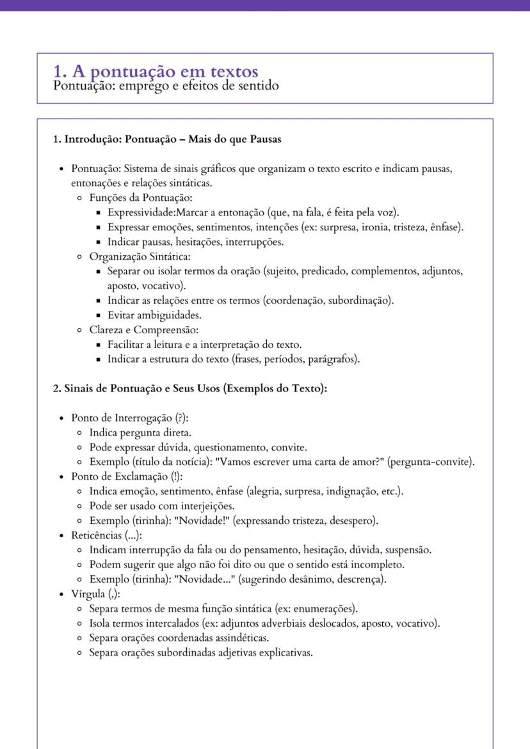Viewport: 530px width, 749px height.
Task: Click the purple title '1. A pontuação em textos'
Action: click(156, 71)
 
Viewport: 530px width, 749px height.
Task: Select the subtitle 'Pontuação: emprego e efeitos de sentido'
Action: click(166, 85)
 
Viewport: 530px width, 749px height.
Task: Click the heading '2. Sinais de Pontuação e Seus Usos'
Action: click(189, 388)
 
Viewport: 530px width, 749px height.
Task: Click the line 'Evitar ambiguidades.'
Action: click(154, 315)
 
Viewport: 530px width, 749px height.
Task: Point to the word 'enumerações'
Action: click(323, 608)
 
